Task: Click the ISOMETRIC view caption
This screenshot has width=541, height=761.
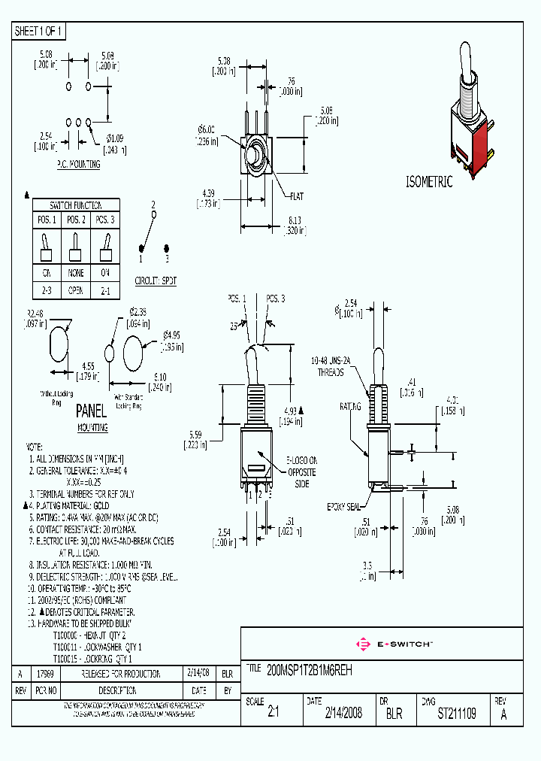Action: (429, 182)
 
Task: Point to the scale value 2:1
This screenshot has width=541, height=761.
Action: (273, 714)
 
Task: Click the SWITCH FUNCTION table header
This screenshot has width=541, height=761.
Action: (74, 205)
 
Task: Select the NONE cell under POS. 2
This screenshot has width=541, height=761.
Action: (74, 273)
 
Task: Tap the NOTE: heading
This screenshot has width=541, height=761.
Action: (37, 446)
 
